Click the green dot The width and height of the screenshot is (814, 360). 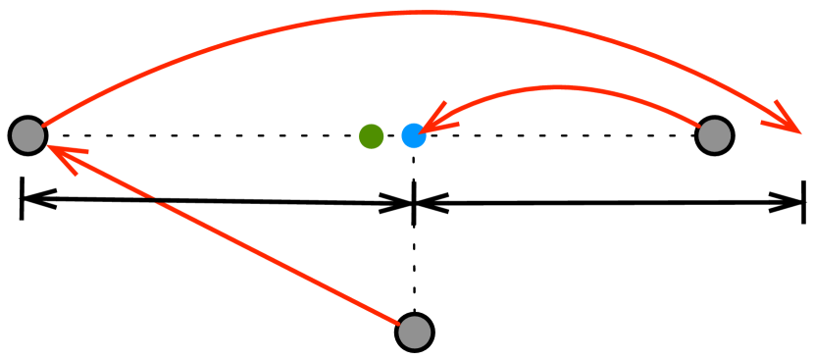371,136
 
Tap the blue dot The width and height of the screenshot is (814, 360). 414,136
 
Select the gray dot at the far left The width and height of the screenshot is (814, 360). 27,135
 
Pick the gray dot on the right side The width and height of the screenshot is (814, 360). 714,135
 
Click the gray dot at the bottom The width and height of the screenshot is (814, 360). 414,333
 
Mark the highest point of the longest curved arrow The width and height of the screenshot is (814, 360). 432,13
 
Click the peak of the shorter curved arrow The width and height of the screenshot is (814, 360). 559,87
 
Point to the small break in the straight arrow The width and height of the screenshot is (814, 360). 155,201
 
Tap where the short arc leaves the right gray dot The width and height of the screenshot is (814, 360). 699,127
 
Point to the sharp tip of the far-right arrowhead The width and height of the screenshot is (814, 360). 800,132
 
